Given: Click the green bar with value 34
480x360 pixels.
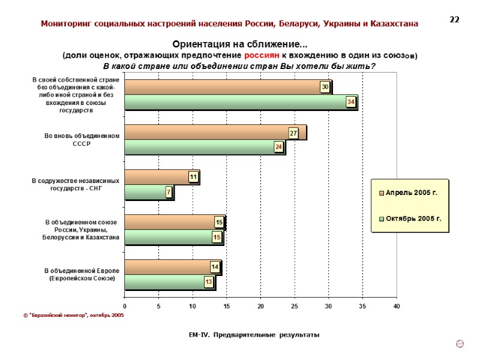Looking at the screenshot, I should [240, 103].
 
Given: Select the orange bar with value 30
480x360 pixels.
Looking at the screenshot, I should [227, 88].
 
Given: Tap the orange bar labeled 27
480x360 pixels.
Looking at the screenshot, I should [215, 133].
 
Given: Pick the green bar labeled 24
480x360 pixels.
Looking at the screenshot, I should [204, 147].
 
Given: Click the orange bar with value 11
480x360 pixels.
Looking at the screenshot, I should [161, 177].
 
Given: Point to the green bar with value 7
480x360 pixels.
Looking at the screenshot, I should [148, 192].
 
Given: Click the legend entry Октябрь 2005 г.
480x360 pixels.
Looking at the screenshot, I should [410, 218].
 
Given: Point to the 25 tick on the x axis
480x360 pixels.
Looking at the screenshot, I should [295, 307].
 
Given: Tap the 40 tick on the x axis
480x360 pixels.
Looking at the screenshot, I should [396, 307].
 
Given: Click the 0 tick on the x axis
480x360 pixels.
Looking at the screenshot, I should [125, 307].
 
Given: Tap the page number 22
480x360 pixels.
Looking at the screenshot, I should [454, 20].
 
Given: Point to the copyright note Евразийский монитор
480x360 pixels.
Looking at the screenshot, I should [77, 315].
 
